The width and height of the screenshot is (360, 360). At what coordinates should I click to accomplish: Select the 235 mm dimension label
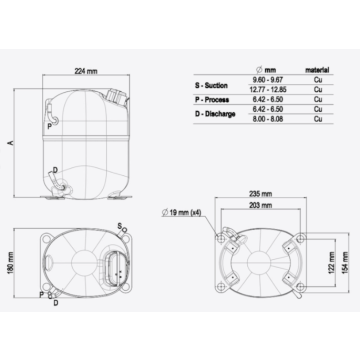pyautogui.click(x=261, y=194)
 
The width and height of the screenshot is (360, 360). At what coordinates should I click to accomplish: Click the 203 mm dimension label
pyautogui.click(x=261, y=205)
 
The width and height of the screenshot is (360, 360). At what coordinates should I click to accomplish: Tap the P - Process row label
pyautogui.click(x=213, y=100)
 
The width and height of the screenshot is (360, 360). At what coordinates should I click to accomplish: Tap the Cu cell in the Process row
pyautogui.click(x=318, y=100)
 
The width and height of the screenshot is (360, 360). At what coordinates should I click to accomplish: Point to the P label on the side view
pyautogui.click(x=49, y=128)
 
